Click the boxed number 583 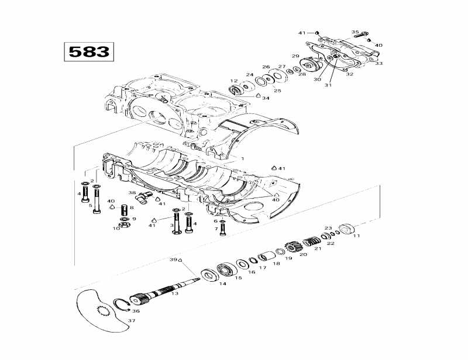pos(89,51)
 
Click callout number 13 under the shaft pos(174,293)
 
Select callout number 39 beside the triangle pos(173,259)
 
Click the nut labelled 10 pos(124,224)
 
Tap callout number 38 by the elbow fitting pos(132,192)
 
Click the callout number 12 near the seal pos(233,81)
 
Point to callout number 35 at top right pos(355,32)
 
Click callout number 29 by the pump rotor pos(295,56)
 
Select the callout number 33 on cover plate pos(379,63)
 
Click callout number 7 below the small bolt pos(215,229)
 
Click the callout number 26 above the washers pos(266,67)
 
